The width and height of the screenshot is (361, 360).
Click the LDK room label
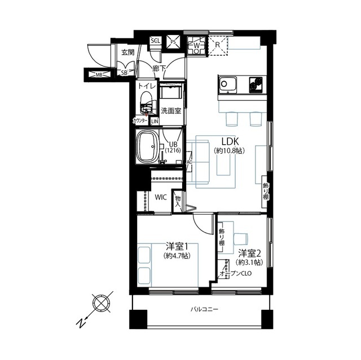click(x=230, y=141)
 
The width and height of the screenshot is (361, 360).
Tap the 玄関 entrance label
click(x=128, y=52)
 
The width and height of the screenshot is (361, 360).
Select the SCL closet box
click(x=156, y=41)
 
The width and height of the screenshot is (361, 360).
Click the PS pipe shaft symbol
click(x=173, y=42)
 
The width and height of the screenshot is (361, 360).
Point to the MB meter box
click(x=99, y=74)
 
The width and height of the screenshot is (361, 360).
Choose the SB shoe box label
click(x=124, y=73)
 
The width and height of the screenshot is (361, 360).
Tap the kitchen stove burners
click(x=256, y=85)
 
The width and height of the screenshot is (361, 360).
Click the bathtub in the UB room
click(x=147, y=146)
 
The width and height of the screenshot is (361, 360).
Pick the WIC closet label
click(x=161, y=197)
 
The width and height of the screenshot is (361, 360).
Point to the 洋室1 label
click(x=177, y=247)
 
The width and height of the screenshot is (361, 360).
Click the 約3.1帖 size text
click(x=249, y=262)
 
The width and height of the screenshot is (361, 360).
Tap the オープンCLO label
click(x=236, y=274)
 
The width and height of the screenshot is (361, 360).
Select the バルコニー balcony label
click(x=204, y=309)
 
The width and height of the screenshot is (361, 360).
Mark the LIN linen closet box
click(x=155, y=121)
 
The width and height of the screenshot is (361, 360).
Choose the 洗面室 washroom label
click(x=171, y=111)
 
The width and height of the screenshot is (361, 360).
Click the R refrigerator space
click(x=218, y=46)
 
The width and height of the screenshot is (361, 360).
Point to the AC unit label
click(x=190, y=162)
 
